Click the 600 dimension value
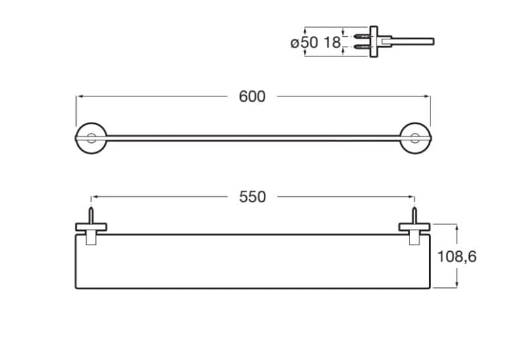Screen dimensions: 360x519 252,97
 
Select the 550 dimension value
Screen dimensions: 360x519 252,197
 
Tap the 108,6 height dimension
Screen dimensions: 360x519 457,256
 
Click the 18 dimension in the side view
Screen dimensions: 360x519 332,43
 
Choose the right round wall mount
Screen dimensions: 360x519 415,138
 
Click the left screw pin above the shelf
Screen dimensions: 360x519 91,216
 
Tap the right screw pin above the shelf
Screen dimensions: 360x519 414,216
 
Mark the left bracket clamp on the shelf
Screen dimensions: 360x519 91,230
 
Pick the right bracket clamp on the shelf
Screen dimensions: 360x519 414,230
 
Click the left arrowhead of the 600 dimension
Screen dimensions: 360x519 79,97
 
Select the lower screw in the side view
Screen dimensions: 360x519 362,47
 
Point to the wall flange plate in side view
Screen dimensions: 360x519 373,42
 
